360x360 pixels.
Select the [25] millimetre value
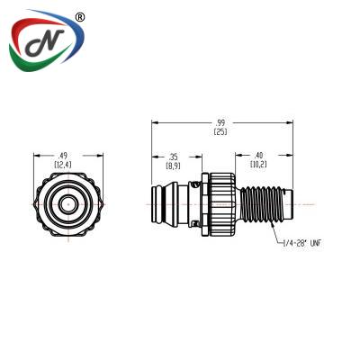pos(220,131)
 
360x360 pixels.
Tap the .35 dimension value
pos(174,157)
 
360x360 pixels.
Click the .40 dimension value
pos(258,156)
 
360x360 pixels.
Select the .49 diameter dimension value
pos(63,156)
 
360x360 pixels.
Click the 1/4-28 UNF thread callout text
pos(301,243)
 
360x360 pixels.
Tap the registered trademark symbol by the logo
pos(79,17)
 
